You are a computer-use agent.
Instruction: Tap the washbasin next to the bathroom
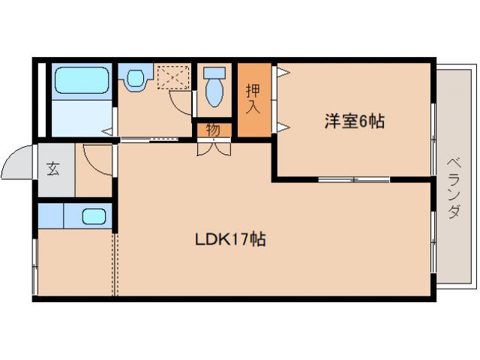(135, 78)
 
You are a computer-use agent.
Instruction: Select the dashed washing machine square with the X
(173, 76)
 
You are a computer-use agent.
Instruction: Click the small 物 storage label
(214, 130)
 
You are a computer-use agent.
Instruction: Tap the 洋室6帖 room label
(354, 121)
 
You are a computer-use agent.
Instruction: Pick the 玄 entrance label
(54, 168)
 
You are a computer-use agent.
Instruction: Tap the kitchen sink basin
(93, 217)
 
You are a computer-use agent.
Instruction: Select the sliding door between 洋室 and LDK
(353, 179)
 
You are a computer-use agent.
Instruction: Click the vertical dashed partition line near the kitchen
(115, 262)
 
